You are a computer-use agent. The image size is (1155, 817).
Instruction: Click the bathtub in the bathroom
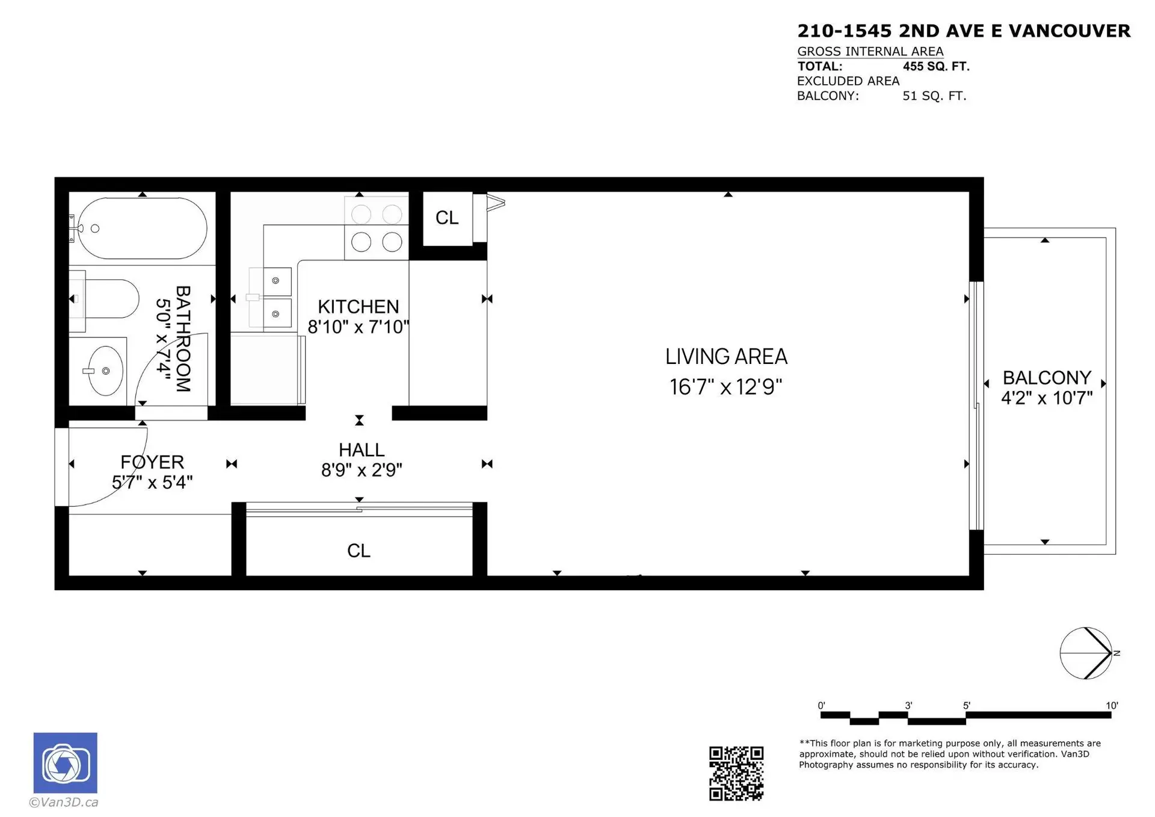pyautogui.click(x=143, y=229)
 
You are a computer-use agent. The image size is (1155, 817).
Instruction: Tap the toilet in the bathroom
pyautogui.click(x=108, y=298)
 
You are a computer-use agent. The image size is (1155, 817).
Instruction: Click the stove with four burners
pyautogui.click(x=377, y=228)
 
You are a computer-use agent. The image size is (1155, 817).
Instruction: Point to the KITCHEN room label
pyautogui.click(x=358, y=307)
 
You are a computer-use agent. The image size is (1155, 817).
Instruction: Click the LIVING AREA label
pyautogui.click(x=726, y=357)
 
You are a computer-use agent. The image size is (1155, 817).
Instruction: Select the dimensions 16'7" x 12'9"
pyautogui.click(x=725, y=387)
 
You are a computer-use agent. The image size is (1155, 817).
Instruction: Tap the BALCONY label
pyautogui.click(x=1047, y=378)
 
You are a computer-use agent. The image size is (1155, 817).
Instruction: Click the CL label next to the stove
pyautogui.click(x=447, y=218)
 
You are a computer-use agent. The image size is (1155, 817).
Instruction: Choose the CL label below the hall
pyautogui.click(x=359, y=550)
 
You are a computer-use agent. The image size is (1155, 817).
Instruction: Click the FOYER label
pyautogui.click(x=152, y=462)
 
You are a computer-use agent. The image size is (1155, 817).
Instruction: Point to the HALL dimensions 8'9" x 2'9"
pyautogui.click(x=362, y=470)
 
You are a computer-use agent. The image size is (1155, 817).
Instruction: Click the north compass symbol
pyautogui.click(x=1086, y=653)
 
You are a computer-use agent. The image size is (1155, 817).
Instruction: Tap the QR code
pyautogui.click(x=736, y=773)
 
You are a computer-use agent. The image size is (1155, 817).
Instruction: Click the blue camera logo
pyautogui.click(x=65, y=763)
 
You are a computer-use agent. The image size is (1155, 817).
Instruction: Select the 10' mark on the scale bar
pyautogui.click(x=1111, y=706)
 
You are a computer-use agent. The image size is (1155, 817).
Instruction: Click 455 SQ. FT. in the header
pyautogui.click(x=936, y=66)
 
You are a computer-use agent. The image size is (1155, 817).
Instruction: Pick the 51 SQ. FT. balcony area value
pyautogui.click(x=934, y=96)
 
